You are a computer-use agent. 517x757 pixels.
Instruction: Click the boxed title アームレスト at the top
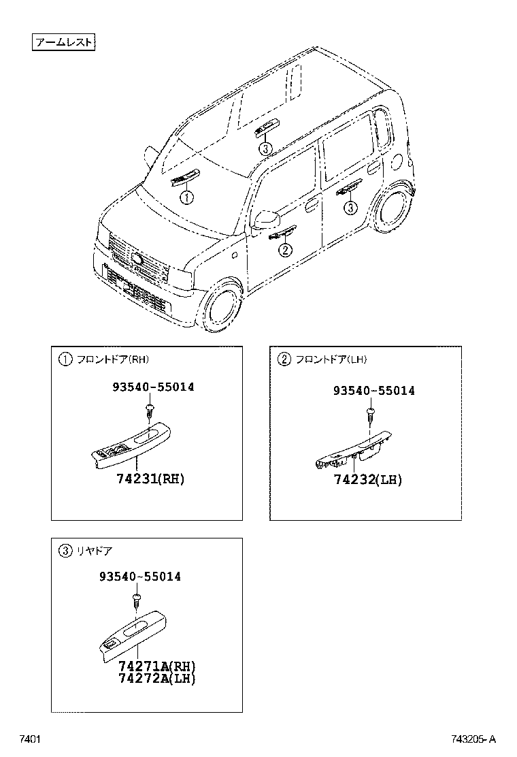pyautogui.click(x=63, y=43)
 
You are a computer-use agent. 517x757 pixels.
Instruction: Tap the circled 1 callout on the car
pyautogui.click(x=186, y=197)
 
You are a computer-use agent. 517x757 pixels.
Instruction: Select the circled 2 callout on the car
pyautogui.click(x=285, y=250)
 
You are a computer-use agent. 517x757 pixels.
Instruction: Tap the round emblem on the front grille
pyautogui.click(x=136, y=259)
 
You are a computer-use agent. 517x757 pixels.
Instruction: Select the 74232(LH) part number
pyautogui.click(x=367, y=480)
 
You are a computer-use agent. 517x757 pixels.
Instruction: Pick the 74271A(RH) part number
pyautogui.click(x=150, y=666)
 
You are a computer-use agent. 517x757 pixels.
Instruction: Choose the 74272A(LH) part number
pyautogui.click(x=150, y=678)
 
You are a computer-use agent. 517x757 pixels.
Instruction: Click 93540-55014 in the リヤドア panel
pyautogui.click(x=140, y=577)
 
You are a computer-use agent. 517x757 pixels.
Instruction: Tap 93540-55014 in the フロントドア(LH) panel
pyautogui.click(x=373, y=391)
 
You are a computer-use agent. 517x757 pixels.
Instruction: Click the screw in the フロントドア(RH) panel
pyautogui.click(x=148, y=411)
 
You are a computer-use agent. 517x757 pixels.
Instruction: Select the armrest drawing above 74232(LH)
pyautogui.click(x=354, y=450)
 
